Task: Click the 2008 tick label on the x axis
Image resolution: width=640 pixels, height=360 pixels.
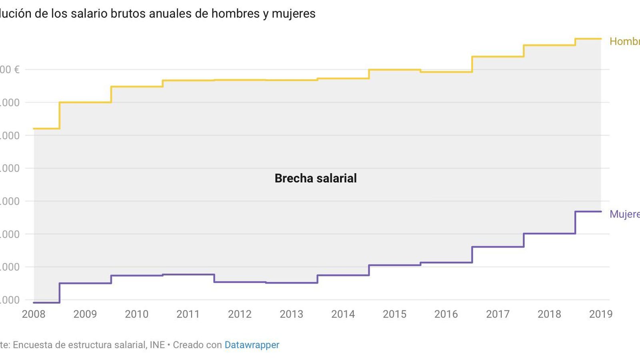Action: [34, 314]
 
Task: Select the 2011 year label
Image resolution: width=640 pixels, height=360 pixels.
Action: [188, 314]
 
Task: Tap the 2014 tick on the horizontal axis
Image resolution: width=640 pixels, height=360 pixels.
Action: [343, 314]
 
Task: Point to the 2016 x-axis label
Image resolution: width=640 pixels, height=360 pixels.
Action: [446, 314]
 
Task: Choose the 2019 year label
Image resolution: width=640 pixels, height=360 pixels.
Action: [600, 314]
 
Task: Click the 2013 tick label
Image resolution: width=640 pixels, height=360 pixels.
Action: [291, 314]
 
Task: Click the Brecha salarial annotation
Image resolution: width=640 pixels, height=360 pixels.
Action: [316, 178]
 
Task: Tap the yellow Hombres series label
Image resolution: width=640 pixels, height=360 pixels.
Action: [624, 41]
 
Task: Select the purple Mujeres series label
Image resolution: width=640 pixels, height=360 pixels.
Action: [624, 214]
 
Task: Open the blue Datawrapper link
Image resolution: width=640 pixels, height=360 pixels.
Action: [252, 345]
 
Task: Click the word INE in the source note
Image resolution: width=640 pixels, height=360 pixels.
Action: [157, 345]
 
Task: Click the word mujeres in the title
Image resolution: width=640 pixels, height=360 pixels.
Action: [294, 14]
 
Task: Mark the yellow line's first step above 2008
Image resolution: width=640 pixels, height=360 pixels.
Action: [46, 128]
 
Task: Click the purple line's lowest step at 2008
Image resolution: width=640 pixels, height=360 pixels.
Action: [46, 302]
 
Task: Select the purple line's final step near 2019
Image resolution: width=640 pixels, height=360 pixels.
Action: [588, 211]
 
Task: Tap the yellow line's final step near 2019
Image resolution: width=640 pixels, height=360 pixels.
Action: [588, 39]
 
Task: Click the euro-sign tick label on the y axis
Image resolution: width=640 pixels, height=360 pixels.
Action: [10, 70]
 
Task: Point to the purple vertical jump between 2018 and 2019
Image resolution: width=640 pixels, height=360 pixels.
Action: [575, 222]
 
